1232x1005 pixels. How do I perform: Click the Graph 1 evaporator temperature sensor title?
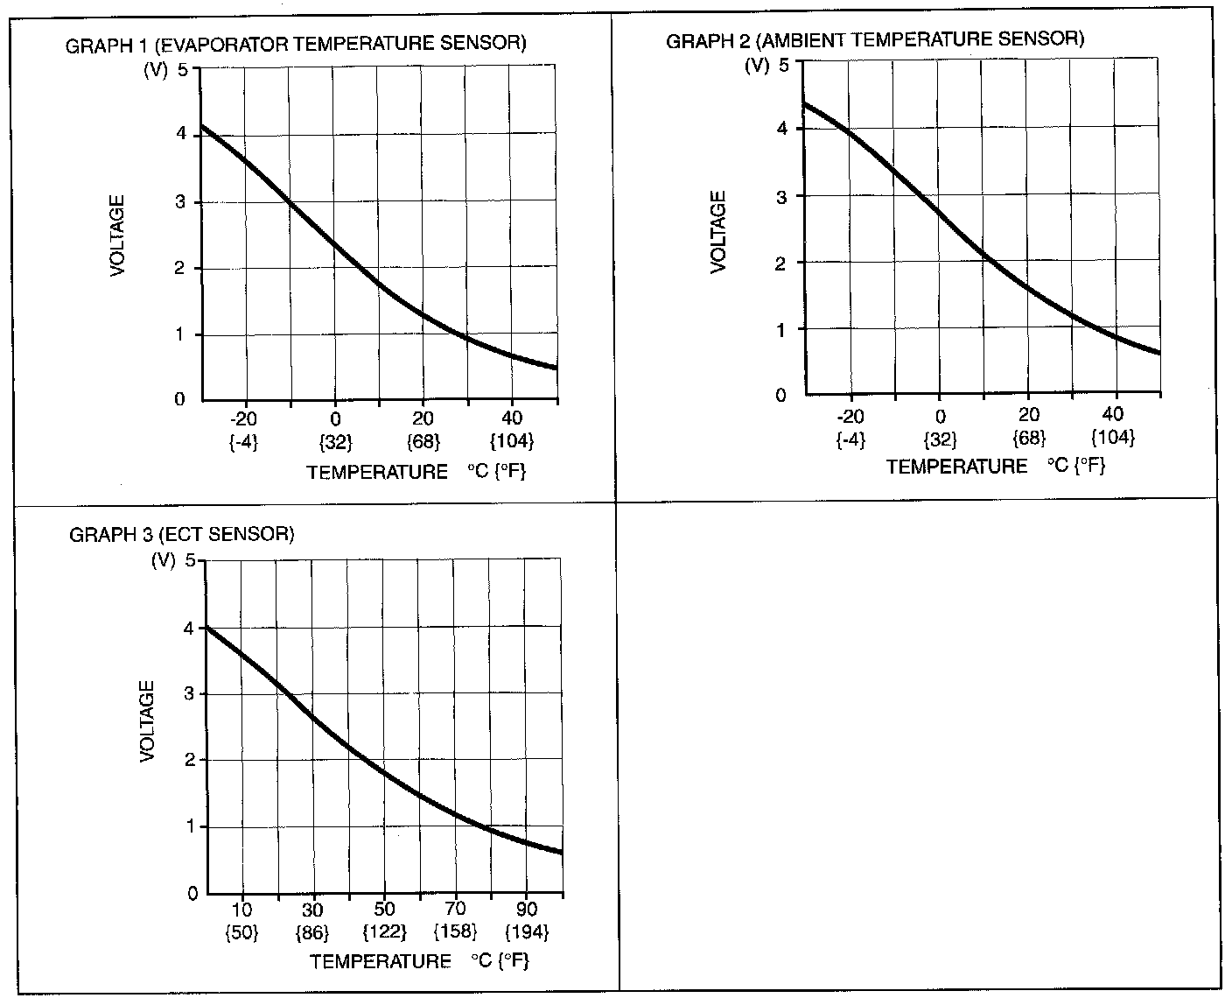pyautogui.click(x=296, y=45)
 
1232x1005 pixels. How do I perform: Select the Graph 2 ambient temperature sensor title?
pyautogui.click(x=875, y=39)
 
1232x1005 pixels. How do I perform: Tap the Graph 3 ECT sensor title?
pyautogui.click(x=181, y=534)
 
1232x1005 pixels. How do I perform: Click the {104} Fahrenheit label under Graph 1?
pyautogui.click(x=513, y=440)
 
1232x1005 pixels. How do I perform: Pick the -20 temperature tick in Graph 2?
pyautogui.click(x=850, y=416)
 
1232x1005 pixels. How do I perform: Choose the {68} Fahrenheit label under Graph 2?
pyautogui.click(x=1030, y=437)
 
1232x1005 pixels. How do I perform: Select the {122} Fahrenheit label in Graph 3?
pyautogui.click(x=384, y=932)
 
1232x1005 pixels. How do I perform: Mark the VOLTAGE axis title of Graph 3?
pyautogui.click(x=147, y=720)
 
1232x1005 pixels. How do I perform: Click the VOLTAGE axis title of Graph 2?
pyautogui.click(x=719, y=232)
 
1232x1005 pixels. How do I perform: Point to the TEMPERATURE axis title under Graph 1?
pyautogui.click(x=377, y=473)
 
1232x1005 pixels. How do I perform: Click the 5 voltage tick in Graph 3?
pyautogui.click(x=191, y=560)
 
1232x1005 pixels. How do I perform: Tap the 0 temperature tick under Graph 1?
pyautogui.click(x=334, y=418)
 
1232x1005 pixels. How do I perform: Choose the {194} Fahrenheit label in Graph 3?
pyautogui.click(x=527, y=932)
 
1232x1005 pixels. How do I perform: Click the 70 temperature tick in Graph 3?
pyautogui.click(x=455, y=910)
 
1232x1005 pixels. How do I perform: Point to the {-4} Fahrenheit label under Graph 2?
pyautogui.click(x=850, y=438)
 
